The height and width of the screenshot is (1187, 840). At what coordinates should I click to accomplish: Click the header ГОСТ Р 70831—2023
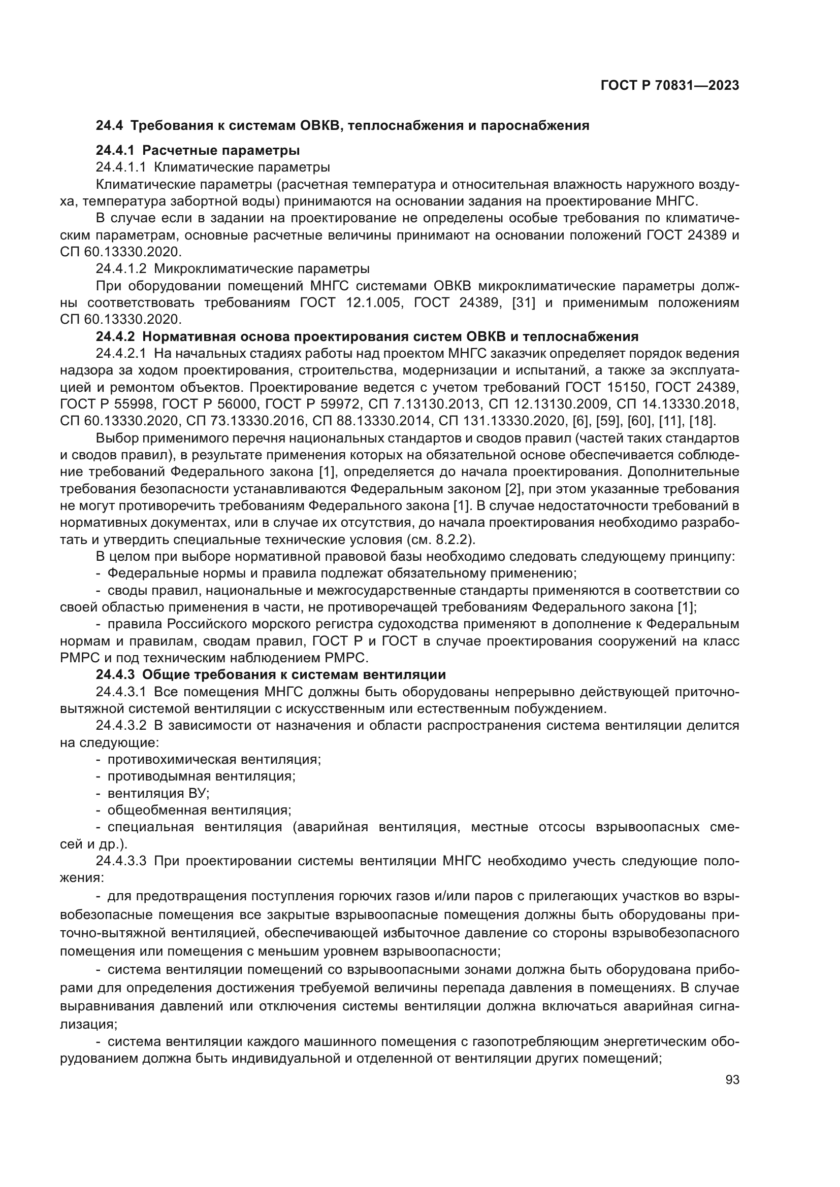point(669,85)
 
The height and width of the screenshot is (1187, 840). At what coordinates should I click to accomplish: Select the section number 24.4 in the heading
point(110,125)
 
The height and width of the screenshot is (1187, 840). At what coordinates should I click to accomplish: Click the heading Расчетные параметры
point(221,150)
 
